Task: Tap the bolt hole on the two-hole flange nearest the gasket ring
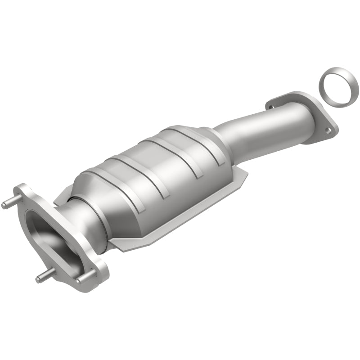[329, 130]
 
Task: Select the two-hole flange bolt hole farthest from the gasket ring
[271, 107]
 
